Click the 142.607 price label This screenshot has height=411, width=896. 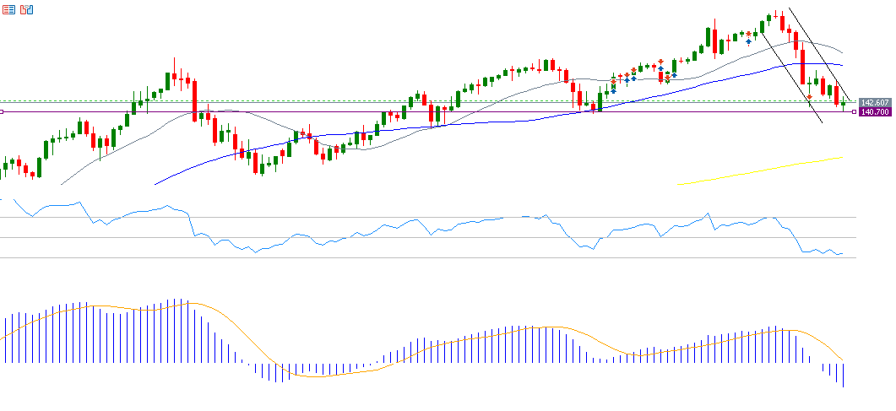pyautogui.click(x=873, y=102)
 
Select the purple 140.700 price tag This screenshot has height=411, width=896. pyautogui.click(x=873, y=111)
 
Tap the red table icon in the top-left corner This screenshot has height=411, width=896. pyautogui.click(x=8, y=9)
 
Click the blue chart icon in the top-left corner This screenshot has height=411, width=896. pyautogui.click(x=27, y=9)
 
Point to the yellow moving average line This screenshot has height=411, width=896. pyautogui.click(x=760, y=170)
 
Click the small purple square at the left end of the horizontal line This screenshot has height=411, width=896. pyautogui.click(x=3, y=111)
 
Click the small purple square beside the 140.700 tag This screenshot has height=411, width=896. pyautogui.click(x=854, y=111)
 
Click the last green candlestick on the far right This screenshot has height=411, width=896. pyautogui.click(x=843, y=104)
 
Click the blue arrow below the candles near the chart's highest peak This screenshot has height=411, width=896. pyautogui.click(x=748, y=42)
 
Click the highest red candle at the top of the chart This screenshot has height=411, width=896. pyautogui.click(x=783, y=23)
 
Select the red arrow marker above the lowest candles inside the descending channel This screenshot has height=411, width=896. pyautogui.click(x=810, y=97)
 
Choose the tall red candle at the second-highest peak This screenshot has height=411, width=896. pyautogui.click(x=714, y=39)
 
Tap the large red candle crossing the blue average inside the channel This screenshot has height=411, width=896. pyautogui.click(x=802, y=66)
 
